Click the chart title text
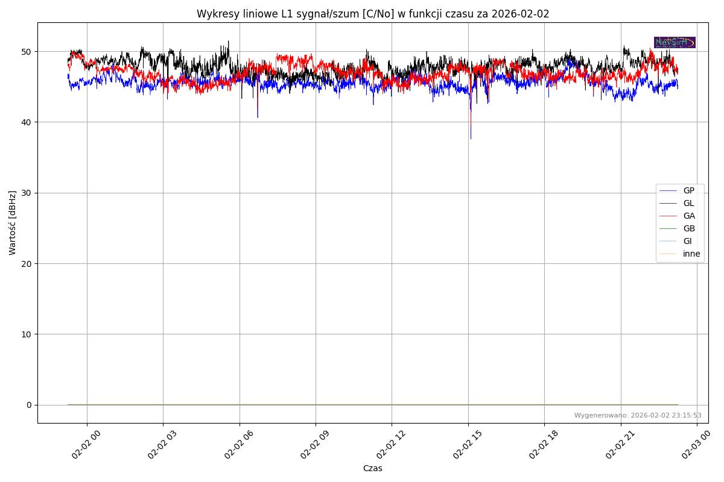(373, 14)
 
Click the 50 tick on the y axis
(27, 52)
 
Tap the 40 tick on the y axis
(27, 122)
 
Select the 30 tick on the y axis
(27, 193)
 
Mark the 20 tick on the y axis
(27, 263)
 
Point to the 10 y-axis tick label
(27, 334)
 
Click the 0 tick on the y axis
(29, 405)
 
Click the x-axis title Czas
(372, 468)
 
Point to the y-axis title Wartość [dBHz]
(13, 222)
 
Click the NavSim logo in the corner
(675, 42)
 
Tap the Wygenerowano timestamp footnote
(637, 415)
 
